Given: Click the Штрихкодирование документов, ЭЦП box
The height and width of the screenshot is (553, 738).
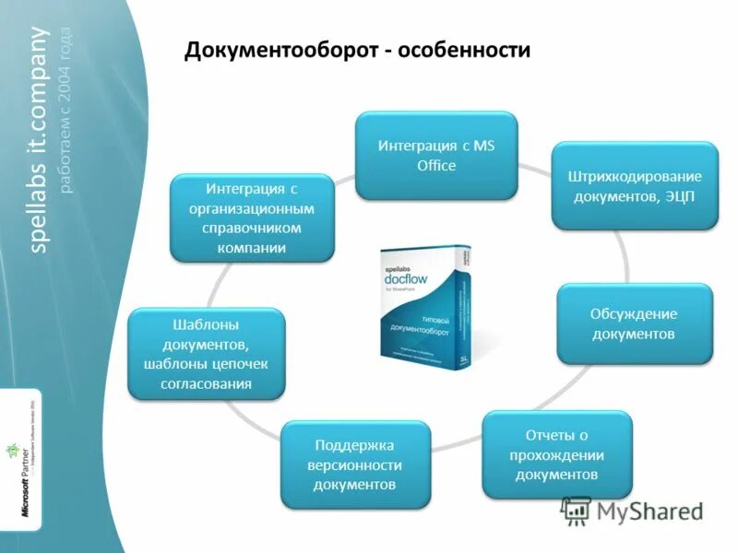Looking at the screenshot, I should pyautogui.click(x=635, y=185).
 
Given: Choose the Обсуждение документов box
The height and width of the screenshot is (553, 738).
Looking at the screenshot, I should pyautogui.click(x=635, y=323).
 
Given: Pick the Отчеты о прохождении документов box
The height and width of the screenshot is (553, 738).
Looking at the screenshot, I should pyautogui.click(x=557, y=454).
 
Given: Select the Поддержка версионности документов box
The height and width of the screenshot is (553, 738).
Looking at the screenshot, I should pyautogui.click(x=355, y=464).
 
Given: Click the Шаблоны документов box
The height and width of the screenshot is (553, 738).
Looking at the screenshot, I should pyautogui.click(x=206, y=353).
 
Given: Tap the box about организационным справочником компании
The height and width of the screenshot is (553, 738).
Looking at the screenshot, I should pyautogui.click(x=253, y=218).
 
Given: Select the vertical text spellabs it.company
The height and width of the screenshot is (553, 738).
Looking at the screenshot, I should pyautogui.click(x=39, y=138).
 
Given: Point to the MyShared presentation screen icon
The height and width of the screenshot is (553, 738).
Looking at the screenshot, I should pyautogui.click(x=576, y=511).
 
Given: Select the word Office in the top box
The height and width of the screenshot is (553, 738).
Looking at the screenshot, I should pyautogui.click(x=436, y=166).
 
